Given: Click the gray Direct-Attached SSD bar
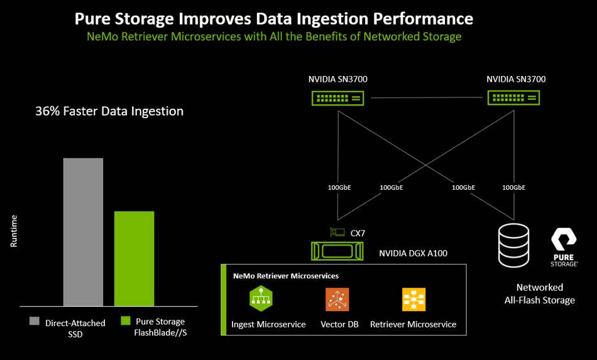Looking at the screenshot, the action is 83,232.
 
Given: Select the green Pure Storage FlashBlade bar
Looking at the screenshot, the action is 134,259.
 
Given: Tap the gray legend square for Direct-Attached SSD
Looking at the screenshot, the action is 35,321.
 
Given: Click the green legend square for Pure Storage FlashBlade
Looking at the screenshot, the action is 126,321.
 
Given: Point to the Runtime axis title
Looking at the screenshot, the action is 14,231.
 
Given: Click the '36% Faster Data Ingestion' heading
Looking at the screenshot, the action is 109,111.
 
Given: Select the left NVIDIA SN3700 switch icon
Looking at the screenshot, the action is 337,98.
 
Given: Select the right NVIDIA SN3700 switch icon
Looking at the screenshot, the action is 513,98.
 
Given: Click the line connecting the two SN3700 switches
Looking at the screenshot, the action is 427,98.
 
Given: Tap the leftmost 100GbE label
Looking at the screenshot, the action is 339,188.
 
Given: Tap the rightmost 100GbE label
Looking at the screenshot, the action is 513,188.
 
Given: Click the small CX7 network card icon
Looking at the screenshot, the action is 337,232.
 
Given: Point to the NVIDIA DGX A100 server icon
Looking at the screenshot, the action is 337,251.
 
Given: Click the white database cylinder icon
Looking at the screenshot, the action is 513,246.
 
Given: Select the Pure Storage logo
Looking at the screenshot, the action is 564,247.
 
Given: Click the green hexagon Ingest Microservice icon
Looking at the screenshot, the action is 261,298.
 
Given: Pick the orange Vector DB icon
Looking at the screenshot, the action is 337,299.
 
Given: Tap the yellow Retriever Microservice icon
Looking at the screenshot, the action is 414,299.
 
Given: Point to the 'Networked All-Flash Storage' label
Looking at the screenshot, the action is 540,294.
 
